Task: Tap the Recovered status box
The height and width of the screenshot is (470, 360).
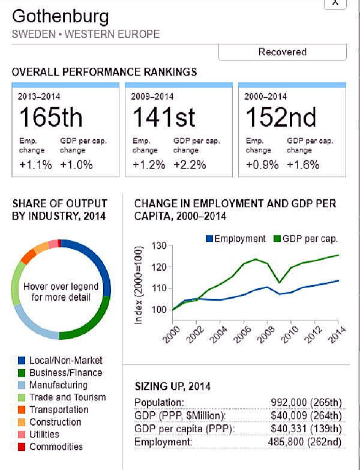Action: (282, 52)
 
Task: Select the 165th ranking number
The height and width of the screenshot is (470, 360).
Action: (51, 116)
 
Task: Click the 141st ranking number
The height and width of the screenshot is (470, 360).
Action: (164, 116)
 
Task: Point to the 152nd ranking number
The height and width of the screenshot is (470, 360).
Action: (281, 116)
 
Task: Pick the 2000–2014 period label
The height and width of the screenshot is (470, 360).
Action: (265, 96)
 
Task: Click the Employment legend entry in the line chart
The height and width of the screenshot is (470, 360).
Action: (235, 238)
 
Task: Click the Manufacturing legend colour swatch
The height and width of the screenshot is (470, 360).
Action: (22, 385)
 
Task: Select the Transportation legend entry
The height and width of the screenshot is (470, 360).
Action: (58, 410)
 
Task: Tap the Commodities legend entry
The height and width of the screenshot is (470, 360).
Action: (56, 447)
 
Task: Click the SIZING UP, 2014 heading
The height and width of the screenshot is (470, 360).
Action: (173, 387)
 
